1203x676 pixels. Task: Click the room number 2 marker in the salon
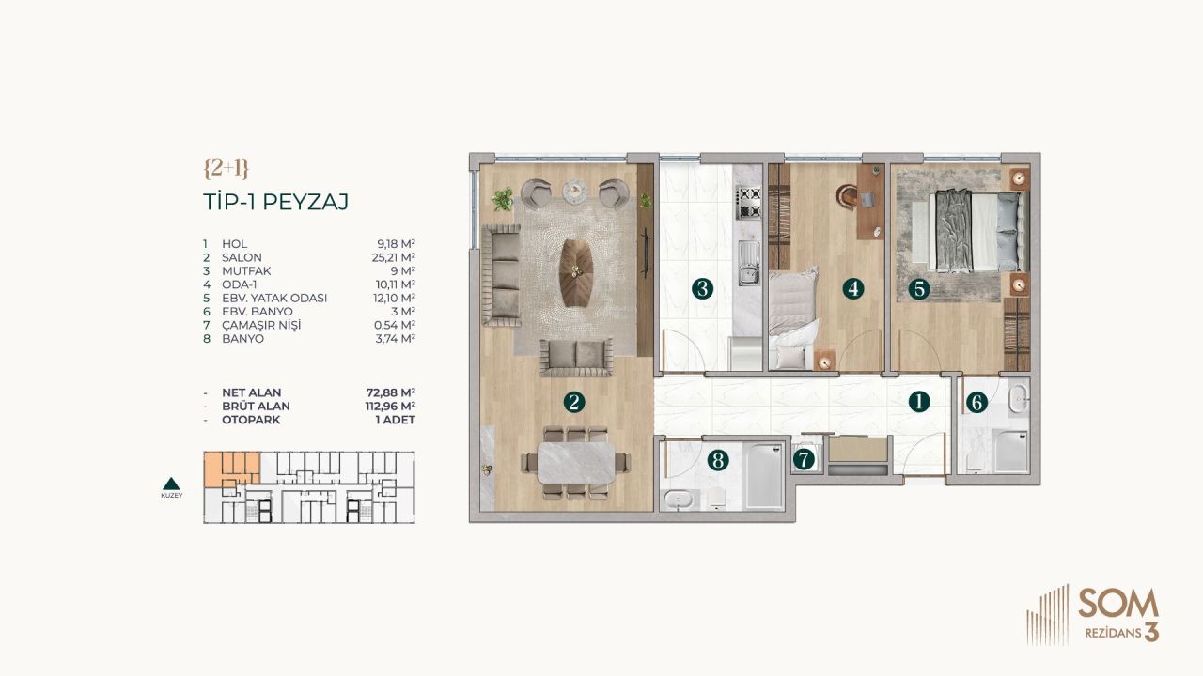[574, 402]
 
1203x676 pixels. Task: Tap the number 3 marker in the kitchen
[701, 288]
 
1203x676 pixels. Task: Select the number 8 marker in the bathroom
[718, 460]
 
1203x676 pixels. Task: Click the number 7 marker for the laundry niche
[804, 460]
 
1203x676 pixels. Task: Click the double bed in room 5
[976, 231]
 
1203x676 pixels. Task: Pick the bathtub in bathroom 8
[762, 477]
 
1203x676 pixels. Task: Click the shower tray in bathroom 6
[1010, 451]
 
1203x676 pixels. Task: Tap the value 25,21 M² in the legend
[395, 257]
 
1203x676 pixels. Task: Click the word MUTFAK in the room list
[242, 270]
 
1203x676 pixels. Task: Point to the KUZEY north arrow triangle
[171, 484]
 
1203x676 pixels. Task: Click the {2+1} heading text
[226, 168]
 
